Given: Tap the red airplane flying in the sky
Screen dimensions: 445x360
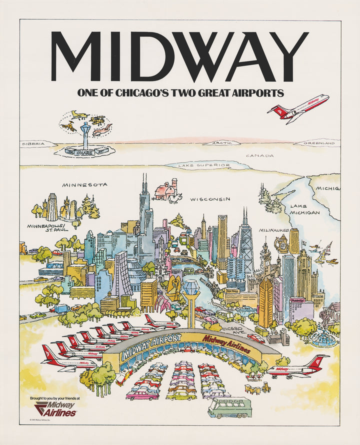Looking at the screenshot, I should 298,108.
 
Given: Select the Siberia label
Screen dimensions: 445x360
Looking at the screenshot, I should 38,144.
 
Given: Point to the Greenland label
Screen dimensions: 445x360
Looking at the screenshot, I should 320,143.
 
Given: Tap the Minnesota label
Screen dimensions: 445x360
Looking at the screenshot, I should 84,185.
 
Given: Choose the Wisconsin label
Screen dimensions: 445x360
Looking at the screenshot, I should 210,199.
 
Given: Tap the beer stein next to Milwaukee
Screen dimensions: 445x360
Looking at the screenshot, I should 283,245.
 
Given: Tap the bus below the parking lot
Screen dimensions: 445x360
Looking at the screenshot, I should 229,407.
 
